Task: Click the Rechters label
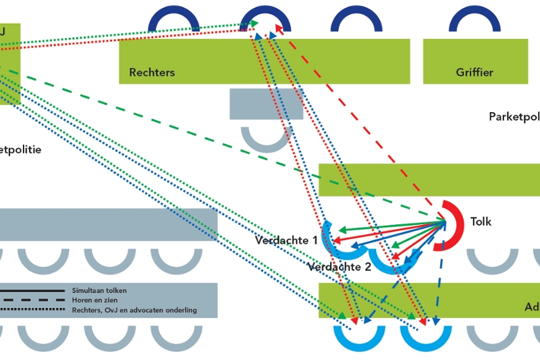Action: [x=152, y=72]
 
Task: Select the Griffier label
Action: [x=474, y=72]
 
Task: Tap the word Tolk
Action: [x=481, y=222]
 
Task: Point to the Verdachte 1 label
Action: [x=286, y=240]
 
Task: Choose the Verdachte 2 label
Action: [x=339, y=267]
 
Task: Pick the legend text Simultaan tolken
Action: [x=99, y=290]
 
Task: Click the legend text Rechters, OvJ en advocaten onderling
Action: [x=134, y=310]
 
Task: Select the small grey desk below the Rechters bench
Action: [x=266, y=104]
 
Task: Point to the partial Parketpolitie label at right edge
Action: [x=514, y=117]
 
